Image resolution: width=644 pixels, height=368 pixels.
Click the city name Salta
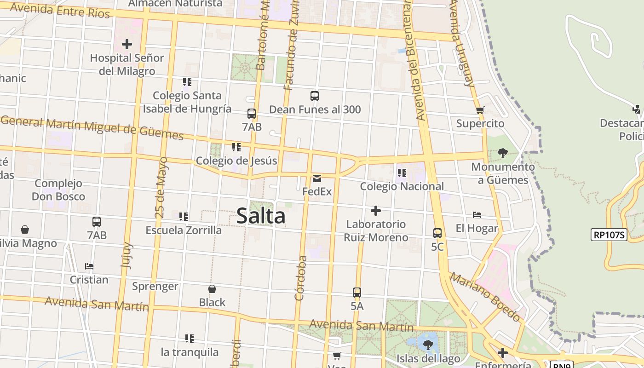(261, 216)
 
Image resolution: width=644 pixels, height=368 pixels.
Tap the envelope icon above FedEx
(317, 178)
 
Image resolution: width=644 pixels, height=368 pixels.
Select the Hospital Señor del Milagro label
(127, 64)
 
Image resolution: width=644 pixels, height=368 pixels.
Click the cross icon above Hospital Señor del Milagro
(127, 44)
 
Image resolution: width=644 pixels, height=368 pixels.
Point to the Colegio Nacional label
(402, 186)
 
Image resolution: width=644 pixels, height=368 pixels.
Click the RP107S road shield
(609, 235)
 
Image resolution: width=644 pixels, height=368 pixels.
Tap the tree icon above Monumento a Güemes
(503, 153)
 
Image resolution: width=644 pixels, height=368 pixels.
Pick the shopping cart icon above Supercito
(480, 110)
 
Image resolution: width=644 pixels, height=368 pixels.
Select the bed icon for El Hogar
(477, 215)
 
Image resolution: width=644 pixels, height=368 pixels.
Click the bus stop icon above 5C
(437, 233)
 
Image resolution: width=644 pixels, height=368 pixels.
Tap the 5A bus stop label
(357, 306)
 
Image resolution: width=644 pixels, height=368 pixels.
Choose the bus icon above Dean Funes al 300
(315, 96)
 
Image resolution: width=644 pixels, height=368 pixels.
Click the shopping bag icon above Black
(212, 289)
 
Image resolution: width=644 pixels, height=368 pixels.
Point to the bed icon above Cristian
(89, 266)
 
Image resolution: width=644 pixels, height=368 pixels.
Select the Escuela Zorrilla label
(184, 230)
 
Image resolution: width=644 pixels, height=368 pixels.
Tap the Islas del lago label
(428, 359)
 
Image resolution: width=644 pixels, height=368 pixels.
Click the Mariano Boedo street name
(485, 297)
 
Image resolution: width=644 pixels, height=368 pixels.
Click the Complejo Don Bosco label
(58, 190)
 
